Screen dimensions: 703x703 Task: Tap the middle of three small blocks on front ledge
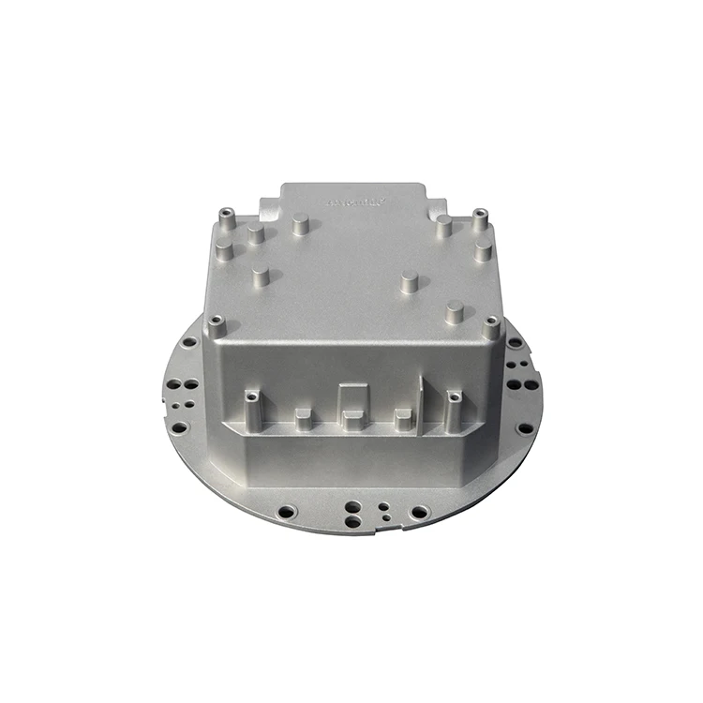(x=352, y=419)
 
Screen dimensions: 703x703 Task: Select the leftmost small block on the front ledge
(x=303, y=417)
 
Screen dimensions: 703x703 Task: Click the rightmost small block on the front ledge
(x=403, y=418)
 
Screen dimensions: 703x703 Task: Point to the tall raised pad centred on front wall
(x=351, y=398)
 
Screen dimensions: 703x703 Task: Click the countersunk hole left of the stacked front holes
(x=287, y=512)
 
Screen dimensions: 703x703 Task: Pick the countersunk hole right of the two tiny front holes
(x=419, y=512)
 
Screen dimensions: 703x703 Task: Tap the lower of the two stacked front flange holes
(x=351, y=519)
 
